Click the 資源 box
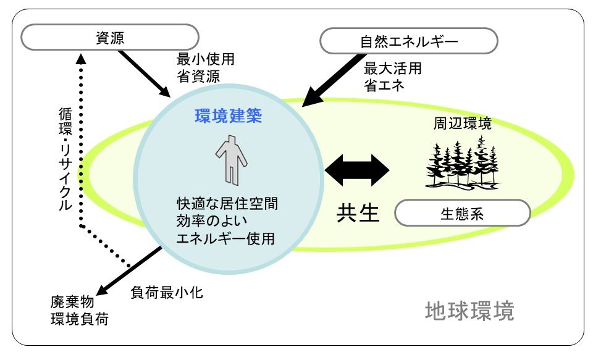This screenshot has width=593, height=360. tap(110, 38)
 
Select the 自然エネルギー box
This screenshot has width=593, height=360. tap(409, 41)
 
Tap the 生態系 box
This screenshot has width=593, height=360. tap(462, 213)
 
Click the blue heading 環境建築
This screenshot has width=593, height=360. tap(229, 115)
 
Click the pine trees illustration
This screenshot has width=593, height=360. tap(462, 164)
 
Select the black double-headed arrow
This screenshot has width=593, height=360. tap(357, 170)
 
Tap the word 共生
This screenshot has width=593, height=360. tap(358, 213)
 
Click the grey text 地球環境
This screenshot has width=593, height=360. tap(469, 311)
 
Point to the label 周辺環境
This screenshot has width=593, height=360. tap(462, 123)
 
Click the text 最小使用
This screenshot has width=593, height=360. tap(205, 59)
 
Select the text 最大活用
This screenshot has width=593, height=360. tap(393, 69)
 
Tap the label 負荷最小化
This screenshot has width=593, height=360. tap(167, 292)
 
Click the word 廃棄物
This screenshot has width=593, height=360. tap(72, 302)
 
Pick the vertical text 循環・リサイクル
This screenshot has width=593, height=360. tap(65, 159)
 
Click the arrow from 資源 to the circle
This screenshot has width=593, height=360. tap(144, 73)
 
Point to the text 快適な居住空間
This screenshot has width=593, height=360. tap(227, 203)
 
